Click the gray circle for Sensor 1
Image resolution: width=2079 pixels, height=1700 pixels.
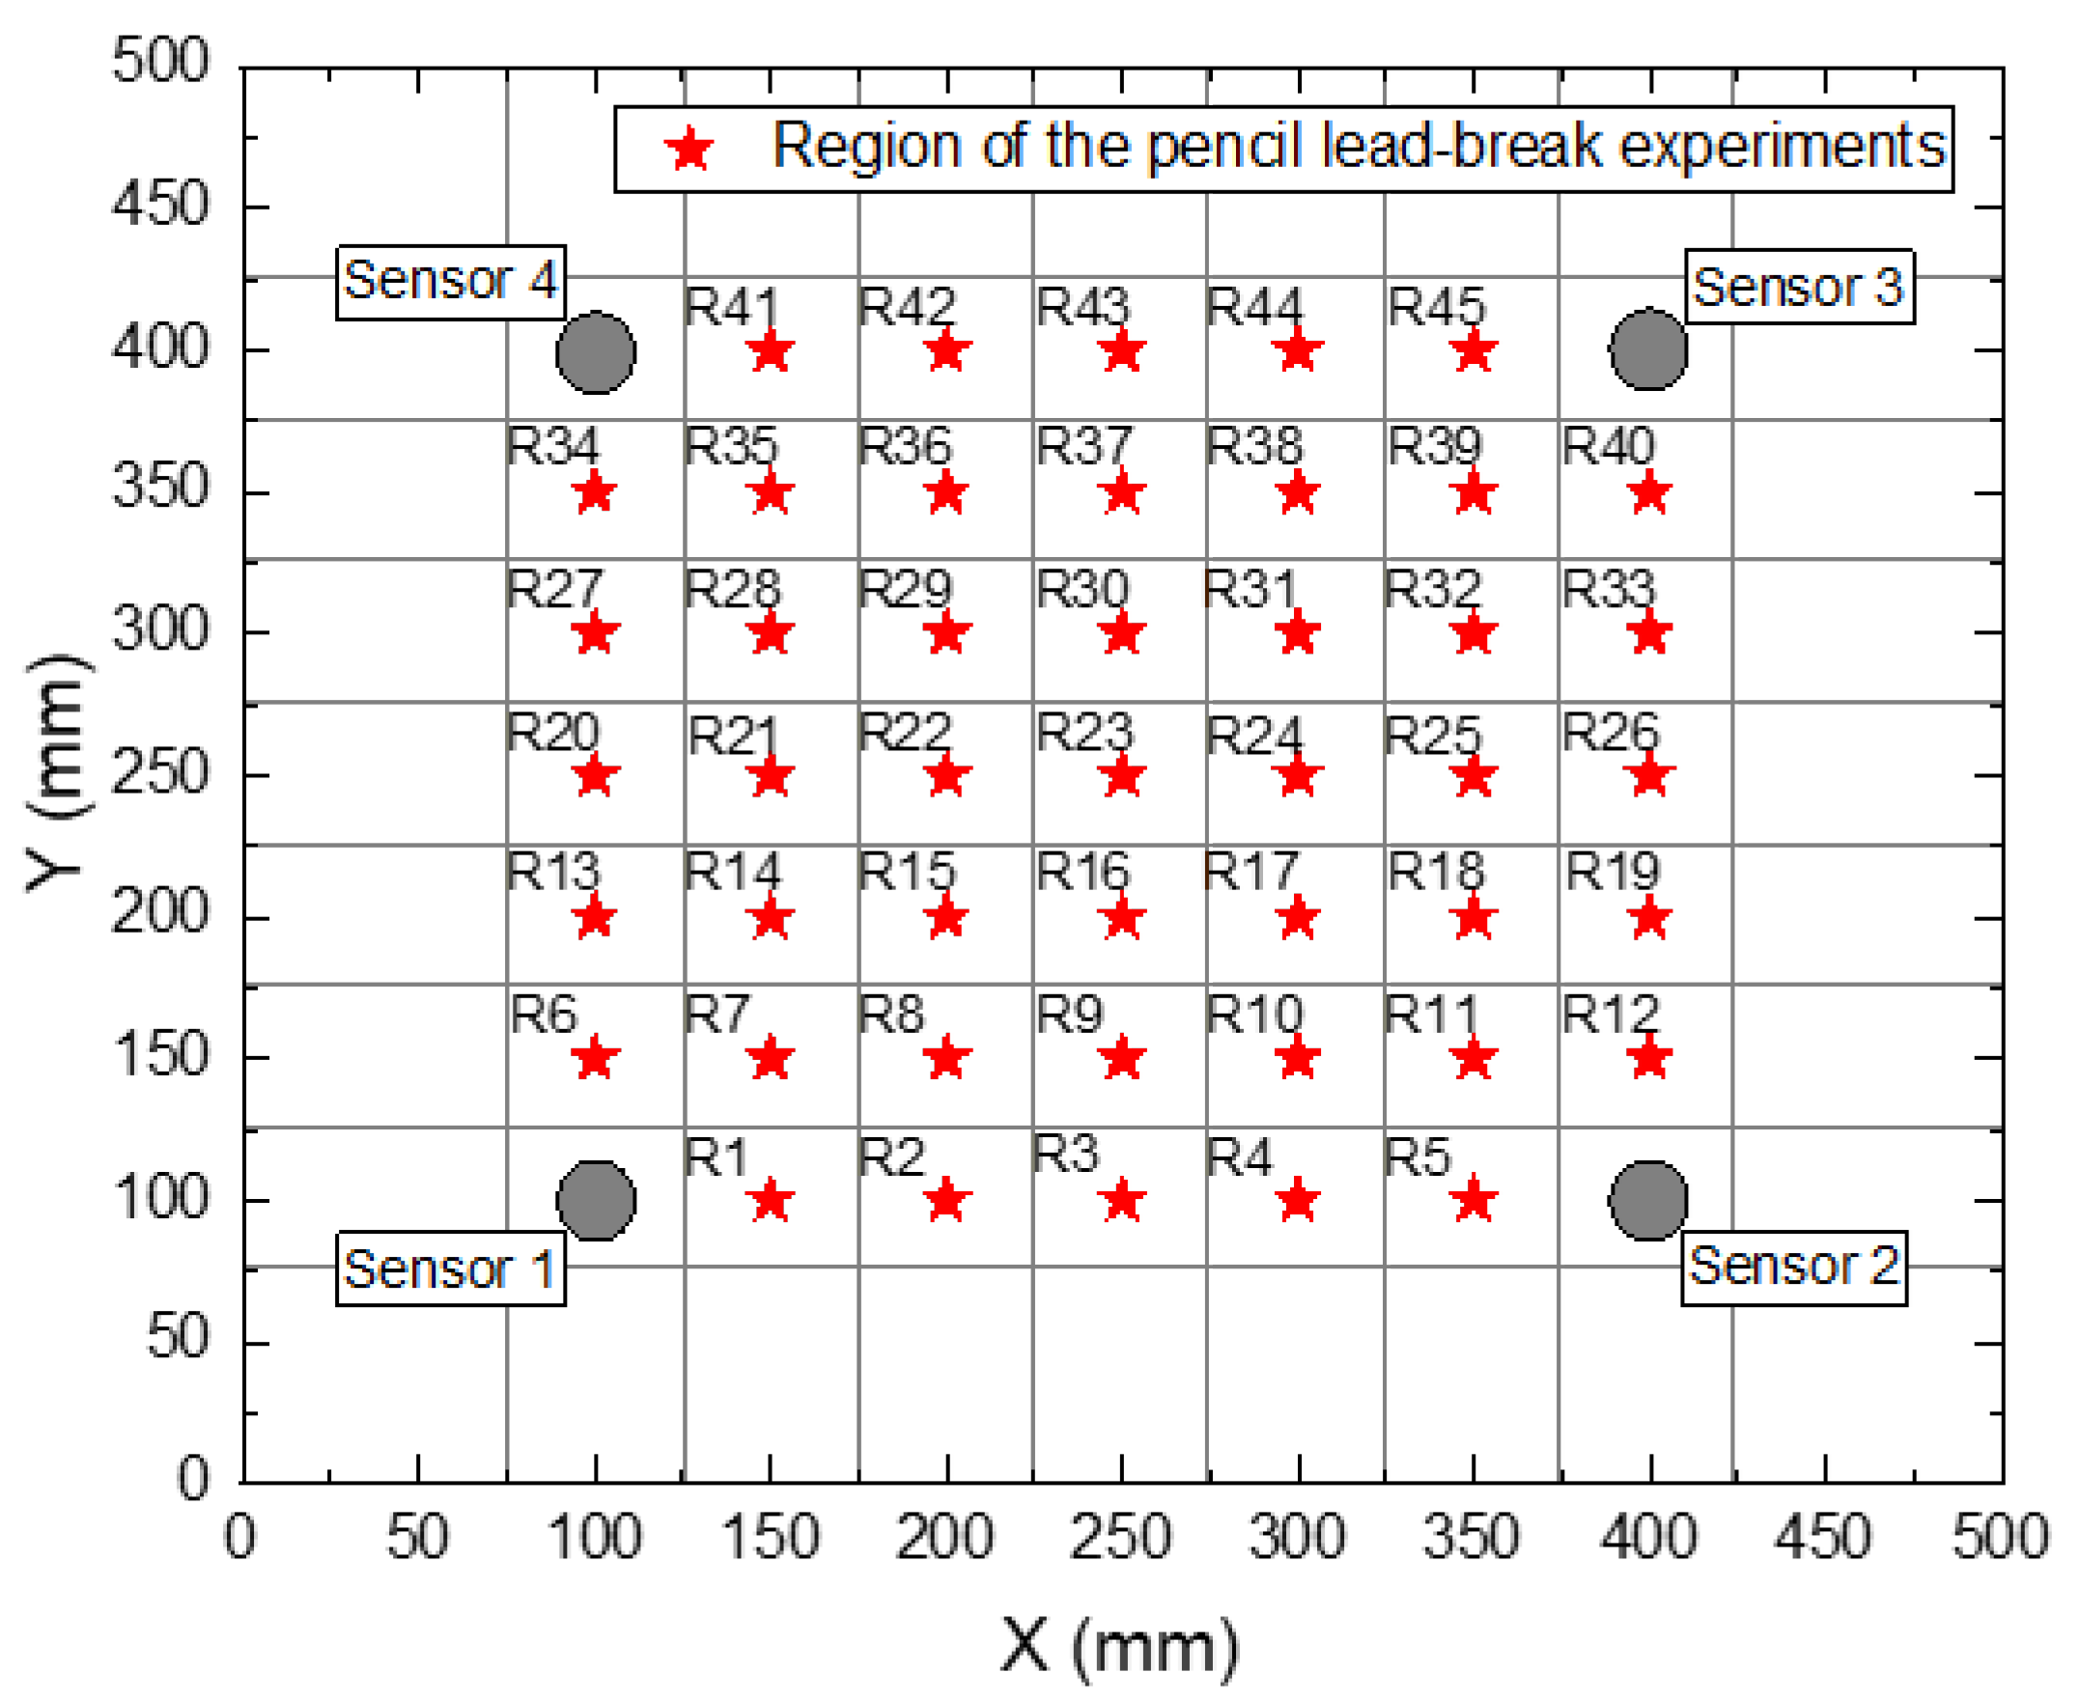(x=596, y=1201)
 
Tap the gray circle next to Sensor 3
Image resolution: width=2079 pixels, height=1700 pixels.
(x=1648, y=348)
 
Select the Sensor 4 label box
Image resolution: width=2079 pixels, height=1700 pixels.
(x=451, y=282)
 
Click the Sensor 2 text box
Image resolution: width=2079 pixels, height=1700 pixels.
(x=1793, y=1268)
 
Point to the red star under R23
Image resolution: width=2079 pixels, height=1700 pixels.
(x=1122, y=777)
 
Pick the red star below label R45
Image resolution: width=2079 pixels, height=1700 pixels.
(x=1473, y=351)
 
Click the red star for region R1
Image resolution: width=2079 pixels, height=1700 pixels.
(x=771, y=1201)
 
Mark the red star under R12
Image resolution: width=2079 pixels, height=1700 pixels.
(x=1649, y=1059)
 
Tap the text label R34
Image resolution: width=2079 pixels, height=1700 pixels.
(x=552, y=447)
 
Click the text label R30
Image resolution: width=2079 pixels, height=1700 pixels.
(x=1083, y=589)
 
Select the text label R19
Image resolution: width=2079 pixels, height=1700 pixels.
(x=1612, y=872)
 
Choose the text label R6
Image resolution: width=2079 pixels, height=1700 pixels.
(x=545, y=1015)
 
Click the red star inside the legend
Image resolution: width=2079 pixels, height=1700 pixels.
(x=689, y=150)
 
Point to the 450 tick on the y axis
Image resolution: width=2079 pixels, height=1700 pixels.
(x=159, y=207)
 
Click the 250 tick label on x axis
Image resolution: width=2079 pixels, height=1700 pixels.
(x=1120, y=1538)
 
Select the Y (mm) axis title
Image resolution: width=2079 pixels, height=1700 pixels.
(x=57, y=773)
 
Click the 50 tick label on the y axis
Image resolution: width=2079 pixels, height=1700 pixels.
(x=178, y=1337)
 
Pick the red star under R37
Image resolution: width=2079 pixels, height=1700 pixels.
(x=1122, y=493)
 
